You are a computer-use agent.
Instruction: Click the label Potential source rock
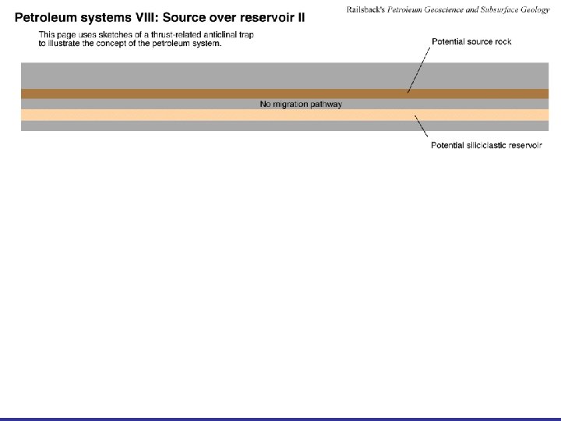click(471, 41)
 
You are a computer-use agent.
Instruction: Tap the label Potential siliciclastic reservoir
click(485, 145)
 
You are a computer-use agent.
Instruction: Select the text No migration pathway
click(301, 104)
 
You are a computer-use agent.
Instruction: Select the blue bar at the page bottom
click(280, 419)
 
